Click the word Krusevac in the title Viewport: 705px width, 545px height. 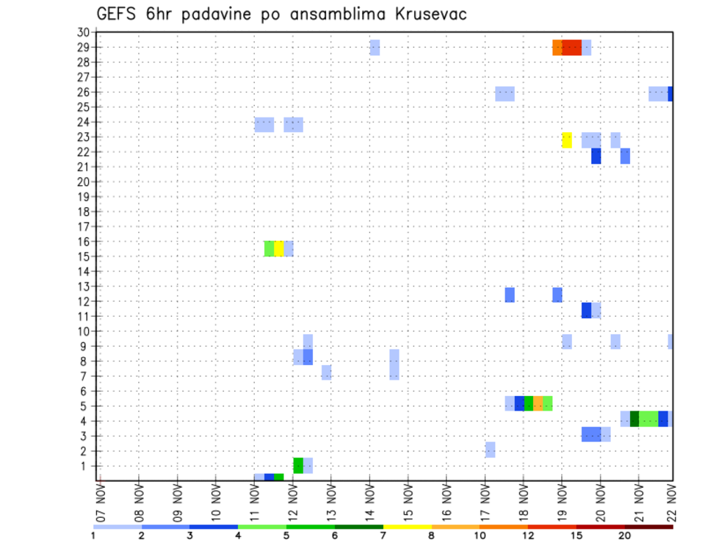pos(422,14)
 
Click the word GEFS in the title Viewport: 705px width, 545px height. pos(117,14)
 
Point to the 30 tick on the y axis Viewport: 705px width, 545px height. pos(82,32)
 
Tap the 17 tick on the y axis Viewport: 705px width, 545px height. pos(82,226)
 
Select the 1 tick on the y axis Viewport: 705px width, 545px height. pos(85,466)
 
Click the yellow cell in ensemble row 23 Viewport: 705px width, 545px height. pos(567,140)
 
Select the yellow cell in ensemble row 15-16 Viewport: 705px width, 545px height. pos(279,248)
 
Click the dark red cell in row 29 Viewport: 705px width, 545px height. pos(572,48)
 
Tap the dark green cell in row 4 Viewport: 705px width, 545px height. pos(634,418)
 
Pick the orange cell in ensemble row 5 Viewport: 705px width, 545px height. pos(538,403)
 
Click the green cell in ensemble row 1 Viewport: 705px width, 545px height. pos(298,466)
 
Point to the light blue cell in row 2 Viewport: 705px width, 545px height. pos(490,450)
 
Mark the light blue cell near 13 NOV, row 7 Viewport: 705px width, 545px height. pos(326,372)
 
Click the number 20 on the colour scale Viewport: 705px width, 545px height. pos(625,535)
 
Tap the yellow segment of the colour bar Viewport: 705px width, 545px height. pos(408,526)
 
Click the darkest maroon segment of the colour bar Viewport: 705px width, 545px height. pos(649,526)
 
